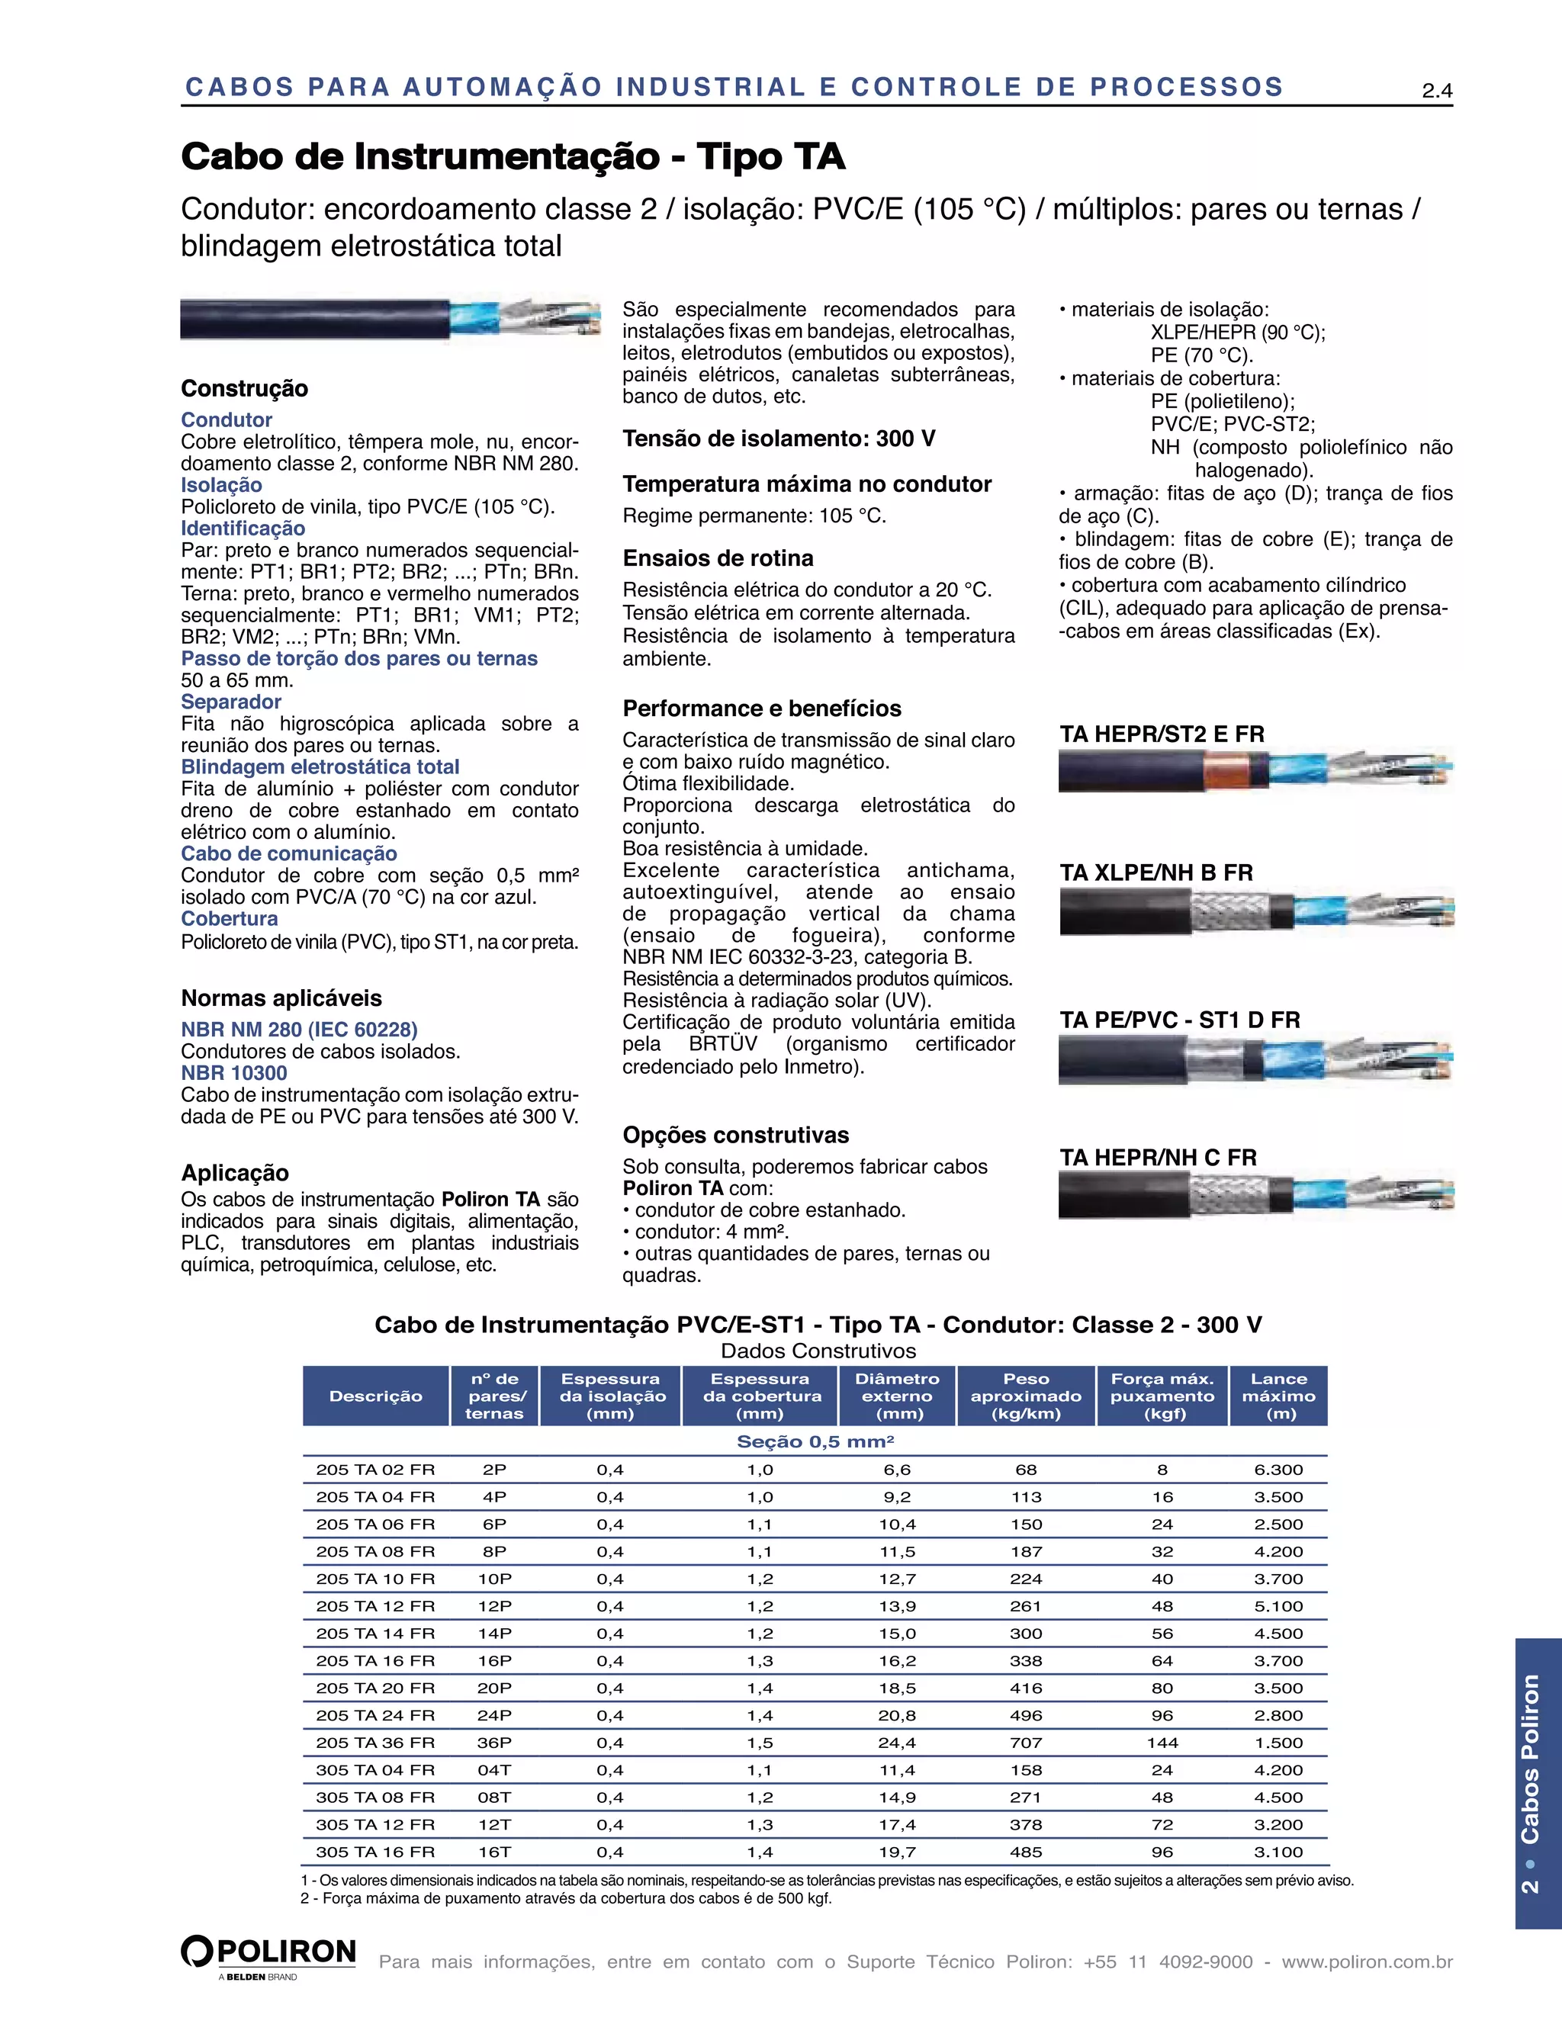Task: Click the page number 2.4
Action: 1436,91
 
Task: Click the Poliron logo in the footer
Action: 268,1953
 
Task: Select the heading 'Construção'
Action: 244,389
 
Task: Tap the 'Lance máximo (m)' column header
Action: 1279,1396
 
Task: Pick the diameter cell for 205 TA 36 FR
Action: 897,1743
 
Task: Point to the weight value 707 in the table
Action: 1025,1743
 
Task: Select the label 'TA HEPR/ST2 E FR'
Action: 1162,734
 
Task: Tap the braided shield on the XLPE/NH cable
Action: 1229,911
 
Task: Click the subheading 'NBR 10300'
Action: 234,1074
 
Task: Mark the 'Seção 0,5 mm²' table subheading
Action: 815,1441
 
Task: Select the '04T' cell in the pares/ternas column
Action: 494,1770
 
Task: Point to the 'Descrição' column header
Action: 376,1396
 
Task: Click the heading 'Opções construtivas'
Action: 736,1136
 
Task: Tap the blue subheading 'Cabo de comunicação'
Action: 289,854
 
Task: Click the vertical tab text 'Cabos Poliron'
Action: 1530,1758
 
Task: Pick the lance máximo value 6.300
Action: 1278,1470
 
